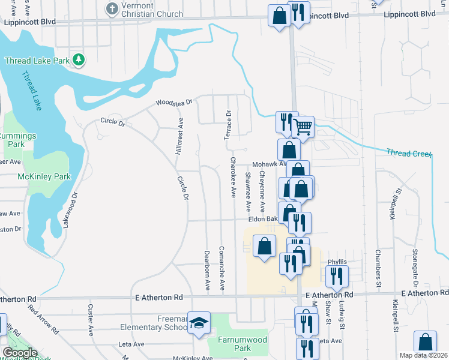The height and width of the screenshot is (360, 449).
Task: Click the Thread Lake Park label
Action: [36, 61]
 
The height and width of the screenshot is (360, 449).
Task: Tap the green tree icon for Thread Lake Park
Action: [78, 60]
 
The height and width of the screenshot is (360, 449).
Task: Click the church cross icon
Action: [112, 8]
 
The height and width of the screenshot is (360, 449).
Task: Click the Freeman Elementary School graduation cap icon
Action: [198, 323]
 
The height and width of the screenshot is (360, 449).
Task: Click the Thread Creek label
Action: [409, 154]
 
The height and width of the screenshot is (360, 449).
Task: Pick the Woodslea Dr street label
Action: [174, 103]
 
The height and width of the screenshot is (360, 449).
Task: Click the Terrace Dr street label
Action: [228, 125]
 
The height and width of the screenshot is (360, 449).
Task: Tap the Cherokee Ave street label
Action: [234, 178]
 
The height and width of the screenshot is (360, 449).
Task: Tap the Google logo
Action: [20, 353]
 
